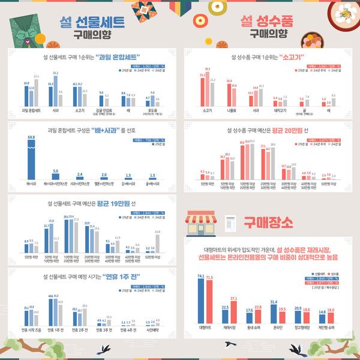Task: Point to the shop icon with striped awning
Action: pos(200,223)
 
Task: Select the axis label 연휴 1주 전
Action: pos(53,329)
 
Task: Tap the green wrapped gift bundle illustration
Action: pos(27,33)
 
